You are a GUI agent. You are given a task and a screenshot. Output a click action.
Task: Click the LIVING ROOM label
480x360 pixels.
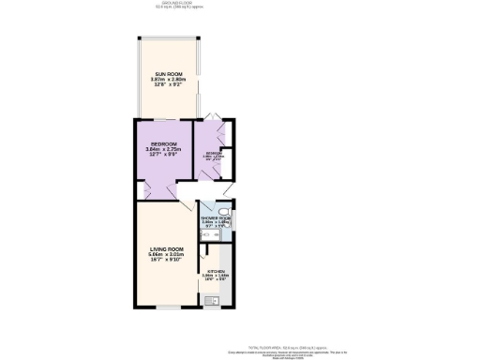pyautogui.click(x=165, y=247)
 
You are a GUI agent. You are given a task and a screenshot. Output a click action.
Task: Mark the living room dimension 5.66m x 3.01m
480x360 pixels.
pyautogui.click(x=165, y=254)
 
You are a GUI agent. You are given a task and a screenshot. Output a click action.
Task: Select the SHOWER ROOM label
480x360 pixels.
pyautogui.click(x=216, y=217)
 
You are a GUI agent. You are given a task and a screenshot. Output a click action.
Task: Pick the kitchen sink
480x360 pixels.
pyautogui.click(x=212, y=301)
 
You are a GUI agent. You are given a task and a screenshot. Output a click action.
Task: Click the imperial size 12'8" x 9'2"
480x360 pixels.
pyautogui.click(x=166, y=85)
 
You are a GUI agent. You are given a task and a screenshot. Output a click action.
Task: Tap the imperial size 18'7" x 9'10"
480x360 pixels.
pyautogui.click(x=165, y=261)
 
